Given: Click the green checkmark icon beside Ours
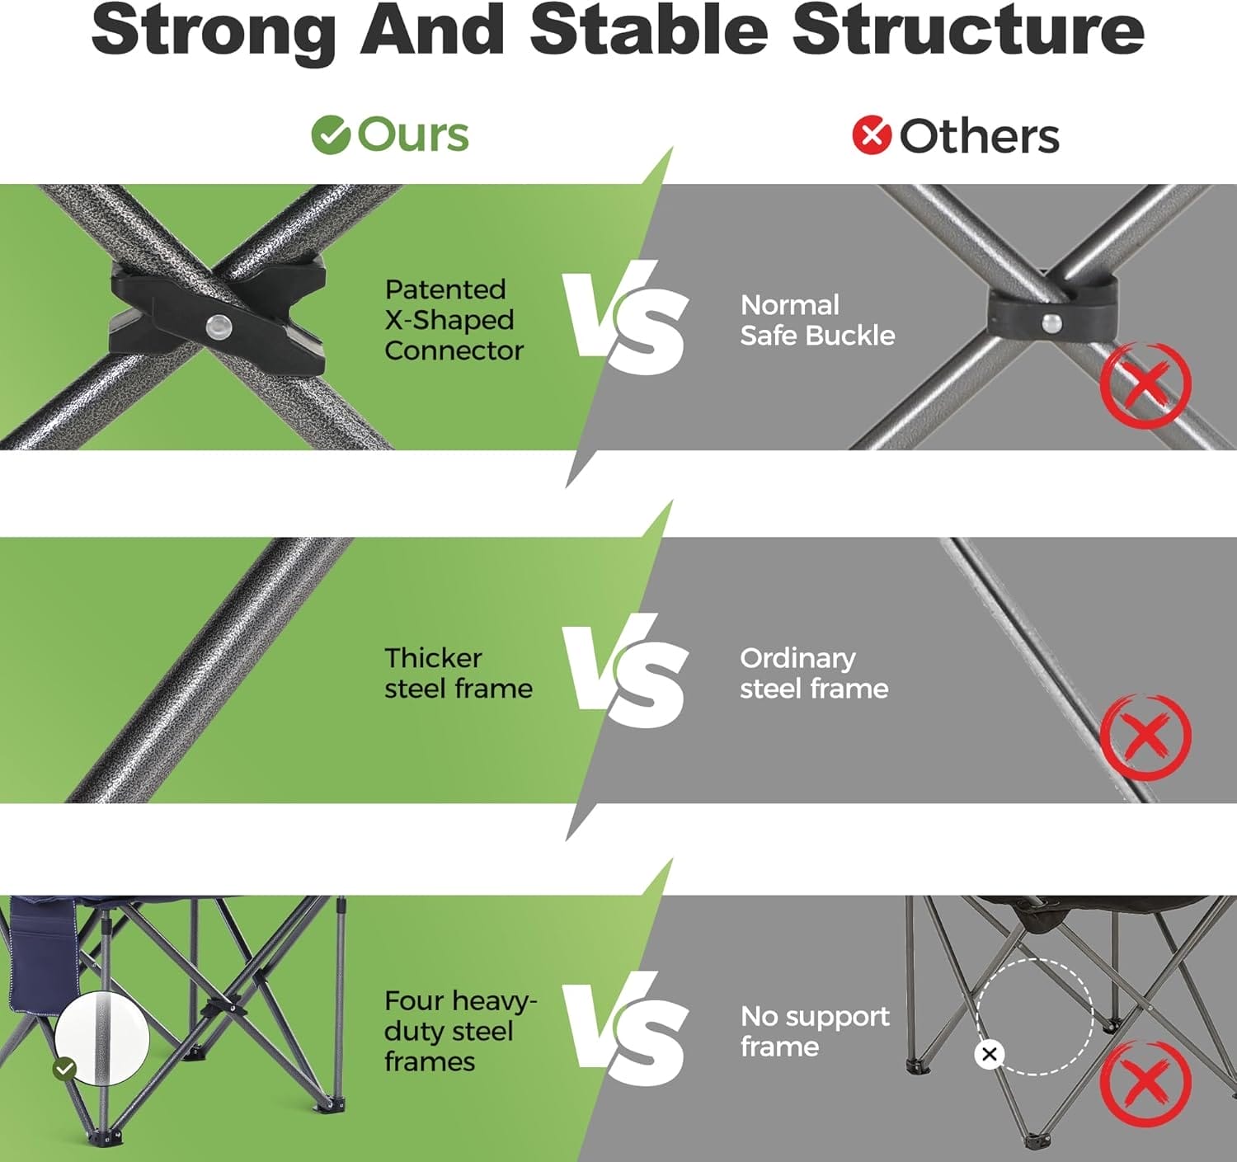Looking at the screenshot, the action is (x=331, y=134).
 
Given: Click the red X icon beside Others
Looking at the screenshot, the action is (x=872, y=134).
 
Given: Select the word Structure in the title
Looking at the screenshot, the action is (x=968, y=30).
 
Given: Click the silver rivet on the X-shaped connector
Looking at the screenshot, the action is (x=219, y=325).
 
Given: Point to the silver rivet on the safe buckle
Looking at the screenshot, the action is (x=1052, y=322).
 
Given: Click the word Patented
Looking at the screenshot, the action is (x=445, y=289).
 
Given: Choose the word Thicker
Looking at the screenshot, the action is (x=433, y=658).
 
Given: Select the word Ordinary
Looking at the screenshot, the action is (x=797, y=659).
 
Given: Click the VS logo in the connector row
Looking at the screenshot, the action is (x=625, y=318).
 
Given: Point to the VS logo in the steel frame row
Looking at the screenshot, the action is (x=625, y=671).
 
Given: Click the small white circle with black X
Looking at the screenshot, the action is (x=989, y=1054).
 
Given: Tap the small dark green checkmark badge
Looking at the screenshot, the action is (x=64, y=1069).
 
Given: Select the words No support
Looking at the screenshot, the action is (x=815, y=1017).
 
